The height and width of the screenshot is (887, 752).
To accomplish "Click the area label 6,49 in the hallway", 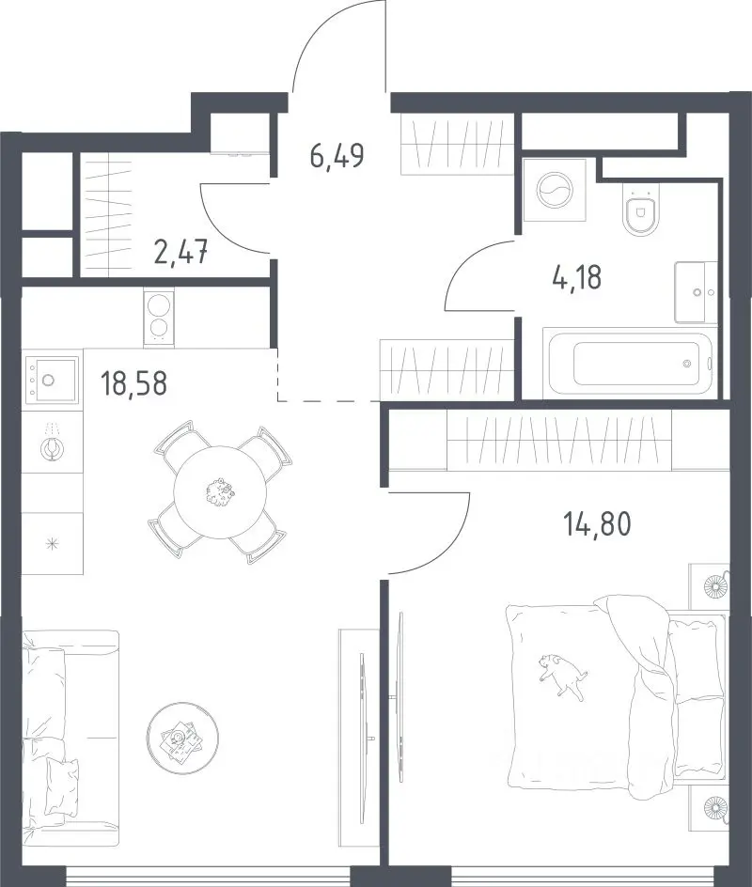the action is coord(337,156).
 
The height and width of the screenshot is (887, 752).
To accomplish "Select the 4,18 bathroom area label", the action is coord(576,277).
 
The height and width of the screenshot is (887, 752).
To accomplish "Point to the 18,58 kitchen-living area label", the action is coord(133,382).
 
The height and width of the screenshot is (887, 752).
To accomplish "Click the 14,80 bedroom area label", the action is coord(596,523).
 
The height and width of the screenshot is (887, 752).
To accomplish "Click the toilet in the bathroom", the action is coord(641,209).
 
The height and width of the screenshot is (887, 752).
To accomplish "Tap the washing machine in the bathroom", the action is coord(555,190).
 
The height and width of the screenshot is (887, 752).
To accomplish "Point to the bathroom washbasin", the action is coord(696,292).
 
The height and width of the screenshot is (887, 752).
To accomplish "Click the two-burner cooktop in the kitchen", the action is coord(159,318).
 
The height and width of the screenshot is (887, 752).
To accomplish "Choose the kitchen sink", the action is coord(51,379).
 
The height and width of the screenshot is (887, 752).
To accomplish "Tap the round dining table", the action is coord(220,491).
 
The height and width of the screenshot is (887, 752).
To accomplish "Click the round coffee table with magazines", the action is coord(182,738).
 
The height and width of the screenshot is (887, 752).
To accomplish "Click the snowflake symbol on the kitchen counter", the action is coord(53,544).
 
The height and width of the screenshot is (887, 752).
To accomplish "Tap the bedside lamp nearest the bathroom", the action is coord(714,586).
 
